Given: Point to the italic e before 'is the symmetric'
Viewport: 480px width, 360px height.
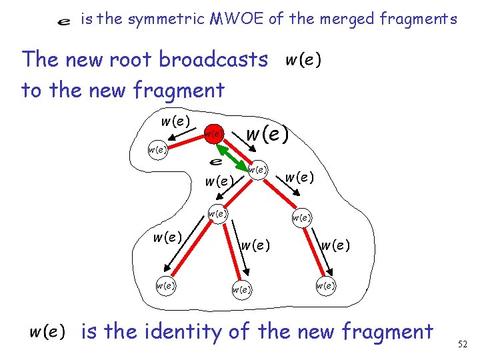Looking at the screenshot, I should tap(64, 21).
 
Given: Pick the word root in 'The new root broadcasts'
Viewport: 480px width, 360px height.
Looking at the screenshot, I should tap(133, 60).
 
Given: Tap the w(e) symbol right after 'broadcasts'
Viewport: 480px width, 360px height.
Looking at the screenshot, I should tap(303, 60).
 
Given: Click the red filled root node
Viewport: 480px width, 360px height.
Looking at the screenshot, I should tap(213, 134).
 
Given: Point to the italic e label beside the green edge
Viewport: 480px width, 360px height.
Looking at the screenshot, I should tap(215, 162).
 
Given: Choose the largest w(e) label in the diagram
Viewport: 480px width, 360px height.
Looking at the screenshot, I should tap(267, 135).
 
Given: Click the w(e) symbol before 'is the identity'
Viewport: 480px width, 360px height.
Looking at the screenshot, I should tap(47, 331).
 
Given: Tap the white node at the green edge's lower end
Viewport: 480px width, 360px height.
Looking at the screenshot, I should tap(257, 170).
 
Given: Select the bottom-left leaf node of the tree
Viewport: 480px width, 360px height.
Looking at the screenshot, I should tap(165, 285).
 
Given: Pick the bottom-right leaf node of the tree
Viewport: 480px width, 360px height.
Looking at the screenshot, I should tap(325, 285).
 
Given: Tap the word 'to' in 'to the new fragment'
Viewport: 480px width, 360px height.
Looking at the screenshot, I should tap(33, 90).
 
